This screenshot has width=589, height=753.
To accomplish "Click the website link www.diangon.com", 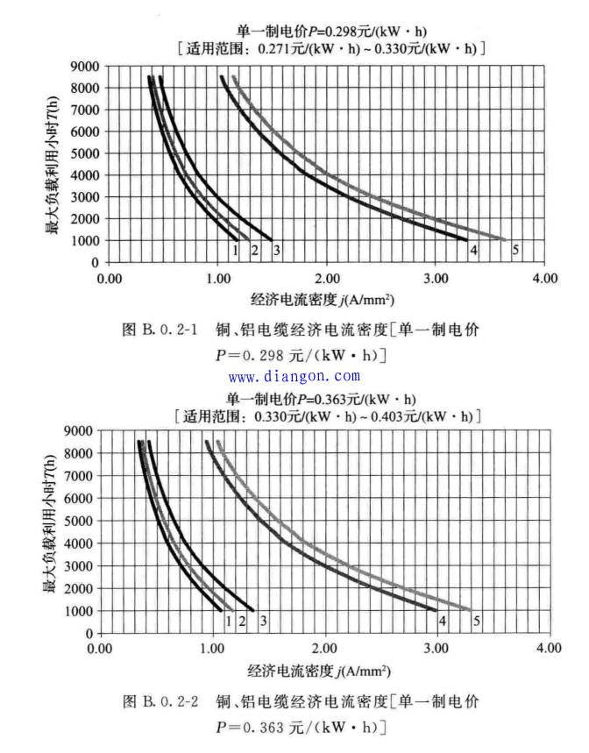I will (294, 376).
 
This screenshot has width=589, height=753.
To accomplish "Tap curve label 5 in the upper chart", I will (515, 250).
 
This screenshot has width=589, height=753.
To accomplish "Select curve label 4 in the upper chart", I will (473, 250).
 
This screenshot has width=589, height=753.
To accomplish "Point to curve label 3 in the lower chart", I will (262, 621).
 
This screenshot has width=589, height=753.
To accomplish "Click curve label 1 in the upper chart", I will (235, 250).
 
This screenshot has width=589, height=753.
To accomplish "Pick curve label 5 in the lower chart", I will (477, 621).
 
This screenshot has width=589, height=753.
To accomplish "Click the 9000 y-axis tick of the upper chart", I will (85, 66).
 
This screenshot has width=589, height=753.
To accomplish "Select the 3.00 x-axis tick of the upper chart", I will (436, 278).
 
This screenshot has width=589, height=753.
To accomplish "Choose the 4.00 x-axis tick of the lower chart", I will (549, 649).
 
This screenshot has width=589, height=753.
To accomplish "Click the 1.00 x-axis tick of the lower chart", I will (213, 649).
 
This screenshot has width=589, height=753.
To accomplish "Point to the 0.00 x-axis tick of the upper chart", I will (109, 278).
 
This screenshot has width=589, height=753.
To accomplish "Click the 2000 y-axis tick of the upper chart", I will (85, 218).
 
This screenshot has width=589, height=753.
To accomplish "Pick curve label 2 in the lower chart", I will (241, 621).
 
